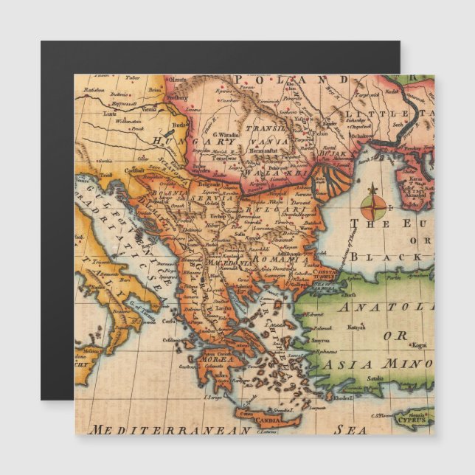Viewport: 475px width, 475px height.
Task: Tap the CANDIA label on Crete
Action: pyautogui.click(x=267, y=422)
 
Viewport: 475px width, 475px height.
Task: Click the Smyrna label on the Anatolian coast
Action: pyautogui.click(x=320, y=341)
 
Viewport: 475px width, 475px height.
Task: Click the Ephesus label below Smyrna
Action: pyautogui.click(x=324, y=353)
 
